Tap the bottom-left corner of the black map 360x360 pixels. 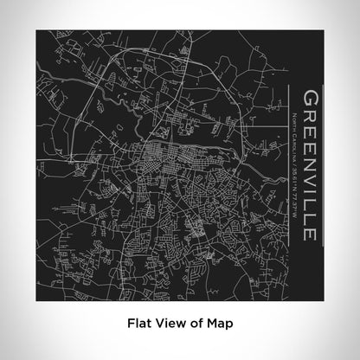(x=37, y=299)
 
